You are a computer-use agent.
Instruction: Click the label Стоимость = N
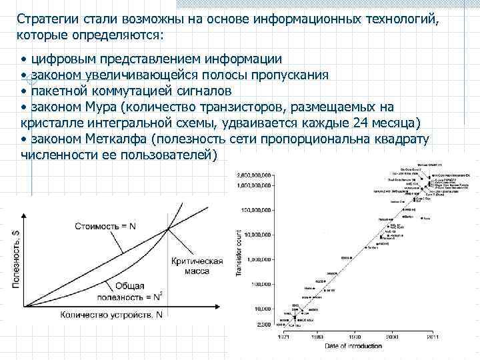point(106,226)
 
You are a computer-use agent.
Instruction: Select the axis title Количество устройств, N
point(119,313)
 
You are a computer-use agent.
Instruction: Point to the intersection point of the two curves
point(168,229)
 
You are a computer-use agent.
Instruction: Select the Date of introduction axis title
point(353,345)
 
